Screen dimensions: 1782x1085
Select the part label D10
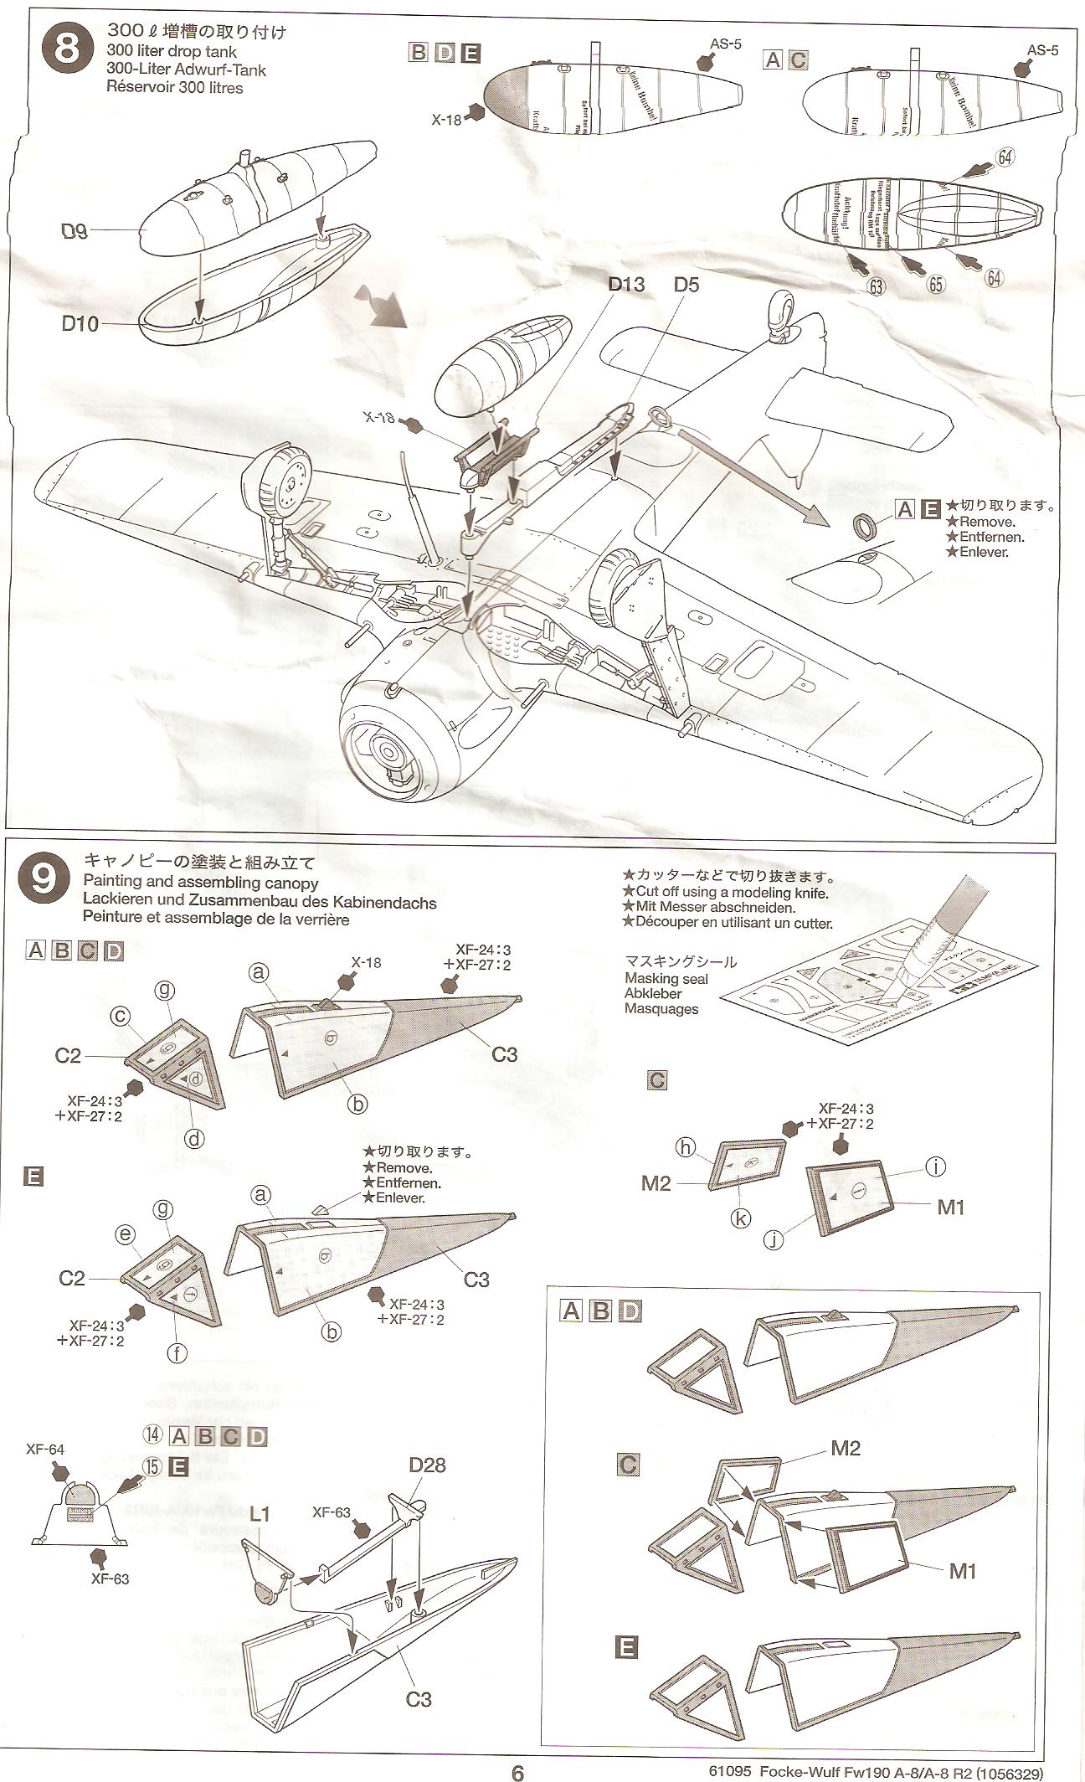80,323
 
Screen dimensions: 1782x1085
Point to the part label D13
626,285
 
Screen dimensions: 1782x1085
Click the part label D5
686,285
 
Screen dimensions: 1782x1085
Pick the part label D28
427,1465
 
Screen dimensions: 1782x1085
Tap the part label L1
260,1513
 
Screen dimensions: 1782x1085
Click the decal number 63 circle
876,286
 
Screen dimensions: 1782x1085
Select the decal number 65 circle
935,284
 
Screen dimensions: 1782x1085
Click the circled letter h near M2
686,1148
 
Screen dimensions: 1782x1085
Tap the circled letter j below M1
774,1239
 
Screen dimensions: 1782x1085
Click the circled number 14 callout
152,1435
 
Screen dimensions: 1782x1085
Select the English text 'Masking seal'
666,978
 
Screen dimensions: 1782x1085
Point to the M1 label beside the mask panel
951,1207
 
